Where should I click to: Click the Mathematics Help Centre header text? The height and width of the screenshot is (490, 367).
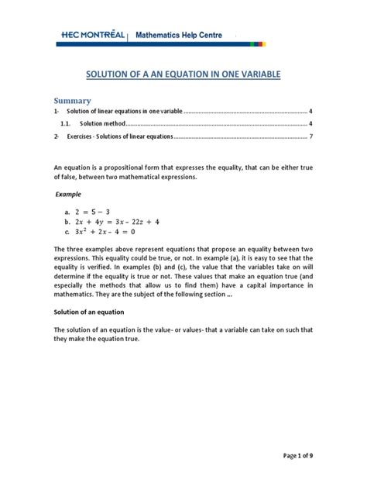tap(179, 35)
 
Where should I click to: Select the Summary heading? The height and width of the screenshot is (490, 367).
tap(72, 101)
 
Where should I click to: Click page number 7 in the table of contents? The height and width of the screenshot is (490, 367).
tap(310, 136)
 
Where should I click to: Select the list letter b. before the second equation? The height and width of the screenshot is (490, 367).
tap(68, 221)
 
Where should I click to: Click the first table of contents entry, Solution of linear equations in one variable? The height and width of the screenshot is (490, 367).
tap(125, 112)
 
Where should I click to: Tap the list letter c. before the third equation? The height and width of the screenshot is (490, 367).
tap(68, 231)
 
